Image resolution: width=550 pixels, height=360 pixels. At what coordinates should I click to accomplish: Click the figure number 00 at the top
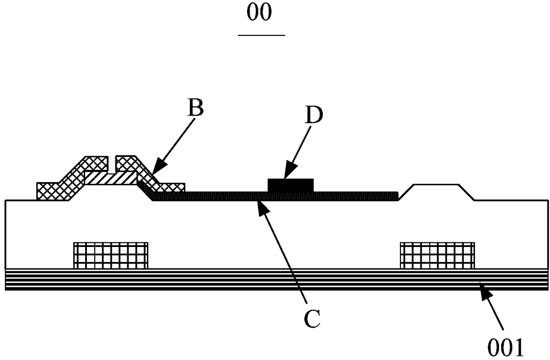(259, 12)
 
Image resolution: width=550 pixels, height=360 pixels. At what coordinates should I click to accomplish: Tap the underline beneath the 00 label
(262, 35)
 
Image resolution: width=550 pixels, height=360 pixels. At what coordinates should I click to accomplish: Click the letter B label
(196, 107)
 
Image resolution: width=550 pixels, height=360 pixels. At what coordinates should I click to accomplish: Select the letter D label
(314, 114)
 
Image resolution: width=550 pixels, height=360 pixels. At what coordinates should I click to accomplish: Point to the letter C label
(312, 319)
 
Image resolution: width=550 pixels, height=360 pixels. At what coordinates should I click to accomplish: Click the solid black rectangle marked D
(291, 185)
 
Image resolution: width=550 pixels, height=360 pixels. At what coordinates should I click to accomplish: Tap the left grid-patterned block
(111, 255)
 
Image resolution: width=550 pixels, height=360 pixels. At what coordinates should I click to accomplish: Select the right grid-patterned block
(437, 255)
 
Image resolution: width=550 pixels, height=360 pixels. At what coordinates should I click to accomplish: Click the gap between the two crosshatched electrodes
(112, 164)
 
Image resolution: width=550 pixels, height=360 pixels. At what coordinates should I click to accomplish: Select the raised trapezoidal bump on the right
(436, 192)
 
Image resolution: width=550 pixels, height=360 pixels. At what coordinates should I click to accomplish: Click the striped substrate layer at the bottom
(277, 280)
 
